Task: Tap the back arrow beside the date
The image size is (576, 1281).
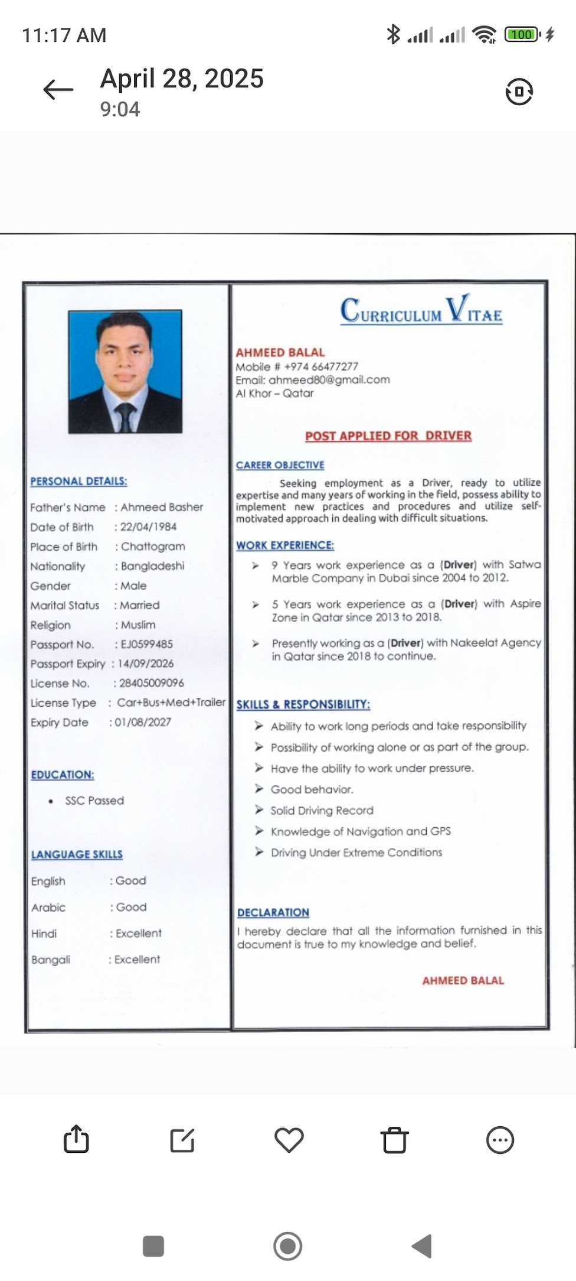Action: pos(58,90)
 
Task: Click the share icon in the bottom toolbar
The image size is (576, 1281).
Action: pos(76,1139)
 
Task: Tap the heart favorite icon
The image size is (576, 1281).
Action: pos(289,1140)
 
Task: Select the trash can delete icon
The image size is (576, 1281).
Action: pos(395,1140)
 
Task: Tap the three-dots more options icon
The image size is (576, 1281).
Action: pos(500,1140)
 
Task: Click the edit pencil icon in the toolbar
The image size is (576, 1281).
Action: pos(182,1140)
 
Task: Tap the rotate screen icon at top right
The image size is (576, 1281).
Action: pos(519,92)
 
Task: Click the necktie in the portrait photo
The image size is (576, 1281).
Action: pos(125,416)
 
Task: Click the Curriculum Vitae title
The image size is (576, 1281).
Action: pos(421,310)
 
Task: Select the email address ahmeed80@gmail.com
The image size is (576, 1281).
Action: pos(329,380)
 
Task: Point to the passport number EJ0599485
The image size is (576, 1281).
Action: pos(146,644)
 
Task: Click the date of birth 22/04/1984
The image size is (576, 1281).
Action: pos(148,526)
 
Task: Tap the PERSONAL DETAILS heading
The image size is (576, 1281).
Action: pos(78,481)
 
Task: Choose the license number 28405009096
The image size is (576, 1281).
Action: pos(152,683)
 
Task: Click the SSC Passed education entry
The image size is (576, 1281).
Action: pos(94,801)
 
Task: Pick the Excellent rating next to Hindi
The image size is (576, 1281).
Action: pos(138,934)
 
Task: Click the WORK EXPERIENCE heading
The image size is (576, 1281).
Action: pos(285,545)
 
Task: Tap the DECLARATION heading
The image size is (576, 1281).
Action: pos(273,912)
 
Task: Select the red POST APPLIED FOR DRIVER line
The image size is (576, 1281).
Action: pos(388,436)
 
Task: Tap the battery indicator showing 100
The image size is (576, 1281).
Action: pos(522,35)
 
